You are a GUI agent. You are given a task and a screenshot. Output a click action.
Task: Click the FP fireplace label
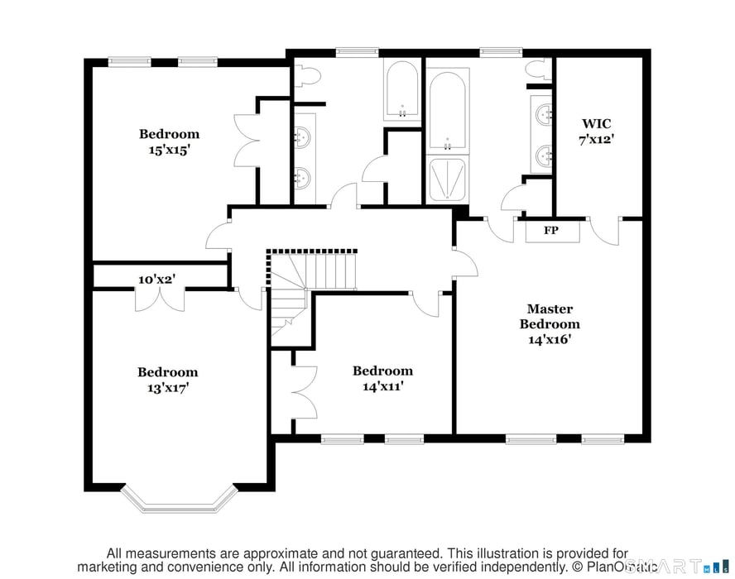550,231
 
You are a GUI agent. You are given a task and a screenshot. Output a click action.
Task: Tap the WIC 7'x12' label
596,132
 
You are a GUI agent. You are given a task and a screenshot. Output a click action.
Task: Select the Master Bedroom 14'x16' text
550,323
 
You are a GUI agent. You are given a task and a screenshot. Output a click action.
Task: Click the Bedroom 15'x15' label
169,141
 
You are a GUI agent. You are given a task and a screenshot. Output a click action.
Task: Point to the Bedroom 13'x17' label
167,380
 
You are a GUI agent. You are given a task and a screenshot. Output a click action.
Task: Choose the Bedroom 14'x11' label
382,378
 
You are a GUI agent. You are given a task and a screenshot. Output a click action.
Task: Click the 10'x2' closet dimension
156,280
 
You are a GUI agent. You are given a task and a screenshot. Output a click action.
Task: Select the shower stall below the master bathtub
446,179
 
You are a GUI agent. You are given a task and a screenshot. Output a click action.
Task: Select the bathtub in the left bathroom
402,90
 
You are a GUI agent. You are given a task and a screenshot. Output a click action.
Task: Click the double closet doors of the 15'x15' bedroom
246,140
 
